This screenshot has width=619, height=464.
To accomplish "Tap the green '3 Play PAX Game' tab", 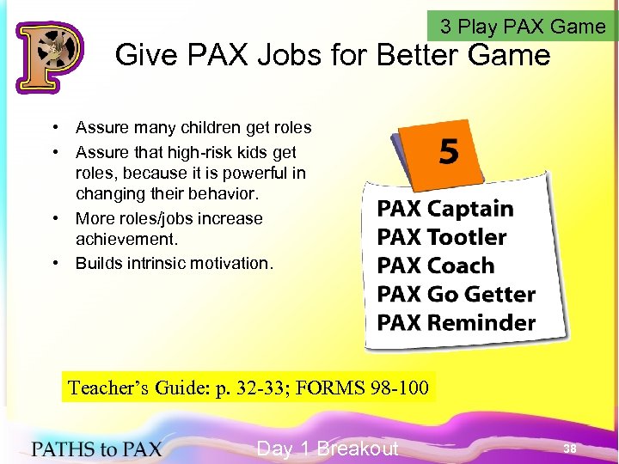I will coord(523,27).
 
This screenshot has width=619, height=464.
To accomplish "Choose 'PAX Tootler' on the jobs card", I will coord(442,237).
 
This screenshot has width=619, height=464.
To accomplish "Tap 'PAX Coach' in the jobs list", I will coord(436,266).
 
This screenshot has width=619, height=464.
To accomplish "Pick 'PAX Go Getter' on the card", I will coord(456,294).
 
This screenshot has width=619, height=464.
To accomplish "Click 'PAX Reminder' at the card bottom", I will coord(456,323).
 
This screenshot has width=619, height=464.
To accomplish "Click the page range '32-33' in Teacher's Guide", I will coord(260,388).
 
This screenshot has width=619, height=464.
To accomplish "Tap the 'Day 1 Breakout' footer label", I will coord(328,448).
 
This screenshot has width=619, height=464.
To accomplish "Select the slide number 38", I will coord(569,449).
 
